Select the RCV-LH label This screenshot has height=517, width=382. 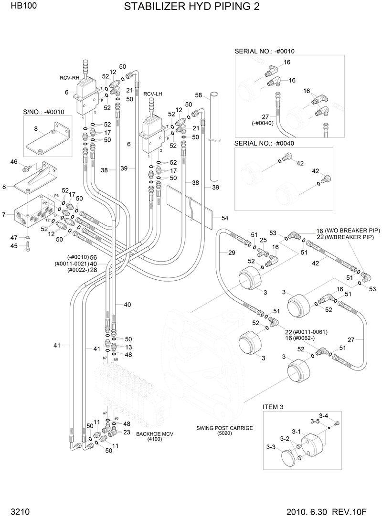pos(153,94)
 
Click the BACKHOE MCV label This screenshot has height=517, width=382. pos(154,434)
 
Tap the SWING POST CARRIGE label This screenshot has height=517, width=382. pos(224,428)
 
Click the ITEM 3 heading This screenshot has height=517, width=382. pos(273,407)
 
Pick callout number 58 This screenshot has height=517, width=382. pos(199,95)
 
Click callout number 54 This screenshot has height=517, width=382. pos(225,218)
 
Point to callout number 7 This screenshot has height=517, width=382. pos(4,215)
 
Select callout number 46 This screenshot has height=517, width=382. pos(14,162)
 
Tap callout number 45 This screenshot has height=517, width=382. pos(14,246)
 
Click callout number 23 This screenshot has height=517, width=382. pos(127,432)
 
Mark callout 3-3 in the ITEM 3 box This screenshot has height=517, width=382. pos(271,447)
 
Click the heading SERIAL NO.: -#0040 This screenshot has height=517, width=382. pos(265,143)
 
